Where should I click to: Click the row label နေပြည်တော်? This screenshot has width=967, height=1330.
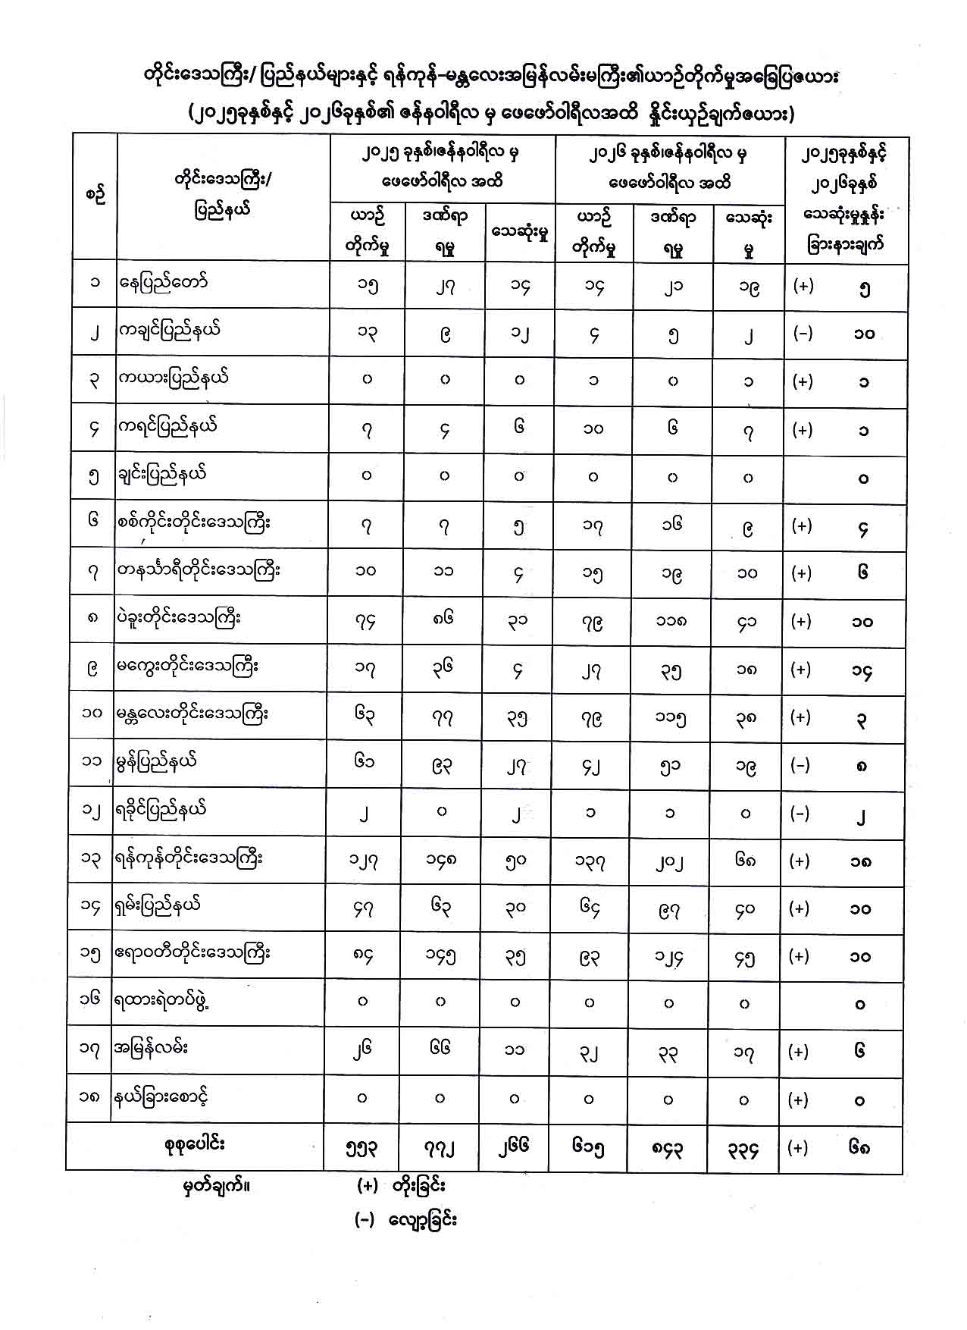coord(163,283)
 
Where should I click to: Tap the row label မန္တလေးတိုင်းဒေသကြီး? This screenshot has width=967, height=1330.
coord(192,714)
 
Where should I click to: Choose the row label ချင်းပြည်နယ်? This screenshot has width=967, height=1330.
coord(163,475)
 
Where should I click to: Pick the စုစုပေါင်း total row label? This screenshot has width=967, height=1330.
coord(195,1144)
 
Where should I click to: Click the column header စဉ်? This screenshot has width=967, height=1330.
coord(95,195)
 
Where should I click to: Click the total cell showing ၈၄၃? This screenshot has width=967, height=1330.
coord(668,1150)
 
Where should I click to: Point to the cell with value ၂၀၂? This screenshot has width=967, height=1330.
coord(669,861)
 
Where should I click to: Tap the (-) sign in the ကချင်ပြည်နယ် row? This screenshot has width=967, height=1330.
coord(803,333)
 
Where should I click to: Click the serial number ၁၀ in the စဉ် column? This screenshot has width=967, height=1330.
coord(92,714)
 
